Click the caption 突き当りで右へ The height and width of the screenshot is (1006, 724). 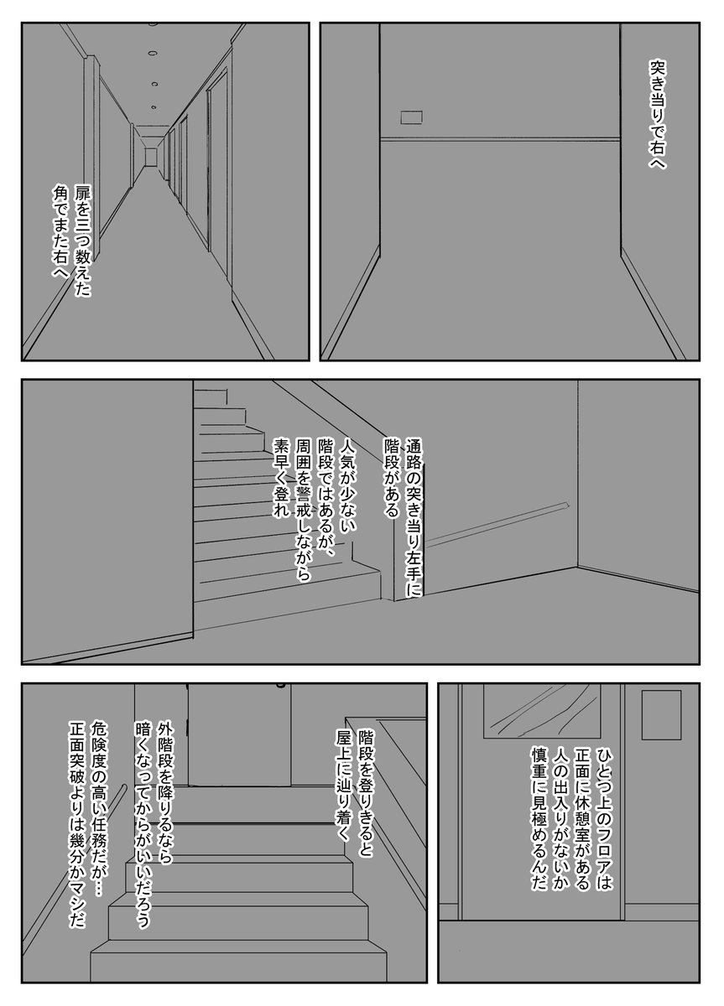658,115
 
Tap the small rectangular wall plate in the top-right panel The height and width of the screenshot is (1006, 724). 411,117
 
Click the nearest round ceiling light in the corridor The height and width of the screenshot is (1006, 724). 154,54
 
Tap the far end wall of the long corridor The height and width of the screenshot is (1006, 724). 150,156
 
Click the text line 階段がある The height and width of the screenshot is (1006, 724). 393,478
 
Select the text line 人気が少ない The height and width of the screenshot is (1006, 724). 348,485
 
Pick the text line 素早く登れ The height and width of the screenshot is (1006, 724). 282,478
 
